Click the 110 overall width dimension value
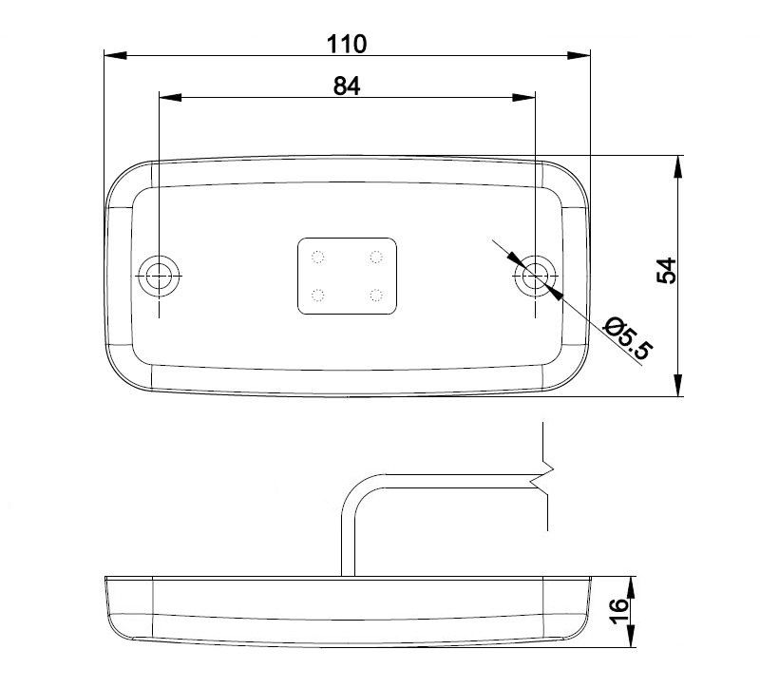(x=347, y=44)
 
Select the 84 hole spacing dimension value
(x=347, y=86)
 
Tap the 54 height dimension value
(x=666, y=271)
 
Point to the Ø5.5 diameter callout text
(x=628, y=338)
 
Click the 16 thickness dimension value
(x=618, y=611)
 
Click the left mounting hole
(x=159, y=276)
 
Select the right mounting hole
(x=535, y=276)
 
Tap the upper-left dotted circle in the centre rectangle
(x=318, y=257)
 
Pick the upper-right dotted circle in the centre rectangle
(x=376, y=257)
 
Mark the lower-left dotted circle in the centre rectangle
(x=318, y=295)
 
